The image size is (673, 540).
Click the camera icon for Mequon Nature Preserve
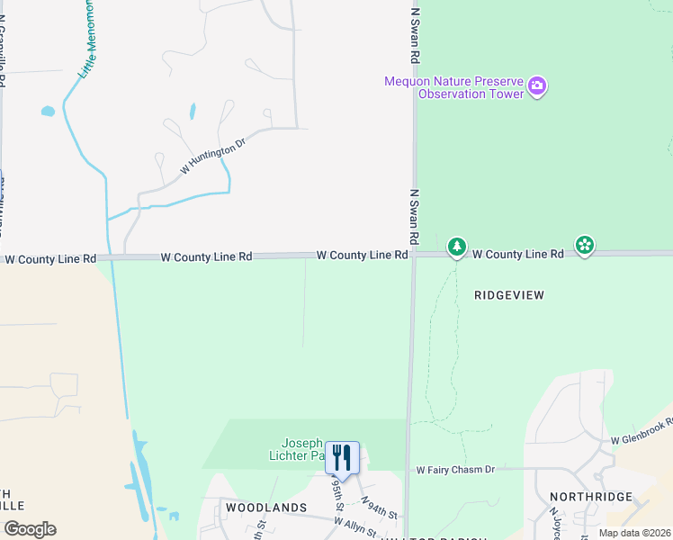(537, 86)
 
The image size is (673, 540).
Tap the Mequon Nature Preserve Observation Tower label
(454, 87)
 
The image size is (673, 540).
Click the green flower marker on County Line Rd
(585, 245)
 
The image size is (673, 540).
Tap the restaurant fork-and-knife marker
(342, 457)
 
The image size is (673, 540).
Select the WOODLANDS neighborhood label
(266, 508)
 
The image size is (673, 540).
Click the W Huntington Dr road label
(212, 157)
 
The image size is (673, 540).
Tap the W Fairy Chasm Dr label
(455, 470)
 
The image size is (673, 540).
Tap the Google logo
(30, 529)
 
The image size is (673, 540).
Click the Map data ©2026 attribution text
(634, 533)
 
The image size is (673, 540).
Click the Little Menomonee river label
(86, 40)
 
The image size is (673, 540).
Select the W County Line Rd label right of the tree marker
(518, 255)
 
